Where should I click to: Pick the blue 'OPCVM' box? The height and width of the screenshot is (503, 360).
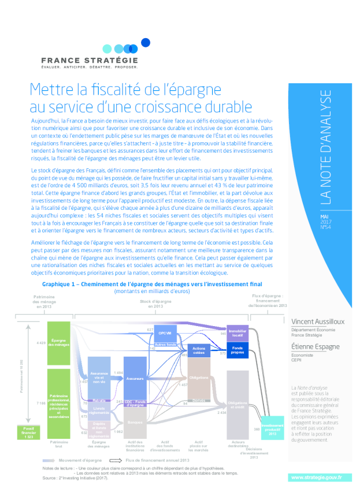tap(165, 333)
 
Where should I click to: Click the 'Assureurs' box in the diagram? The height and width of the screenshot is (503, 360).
tap(135, 378)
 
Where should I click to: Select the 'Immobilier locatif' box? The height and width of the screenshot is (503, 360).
tap(237, 332)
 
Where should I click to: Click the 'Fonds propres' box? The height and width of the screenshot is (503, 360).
tap(237, 350)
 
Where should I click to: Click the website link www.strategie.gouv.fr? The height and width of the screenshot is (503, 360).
tap(316, 477)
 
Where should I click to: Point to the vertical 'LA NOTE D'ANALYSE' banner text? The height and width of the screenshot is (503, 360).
tap(326, 147)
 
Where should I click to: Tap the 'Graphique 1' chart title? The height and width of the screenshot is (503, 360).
tap(151, 284)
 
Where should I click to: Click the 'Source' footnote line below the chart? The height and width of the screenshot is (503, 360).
tap(75, 478)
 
